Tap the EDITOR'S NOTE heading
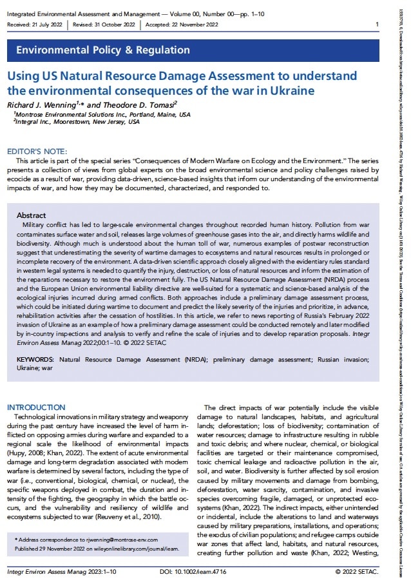pos(32,148)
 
